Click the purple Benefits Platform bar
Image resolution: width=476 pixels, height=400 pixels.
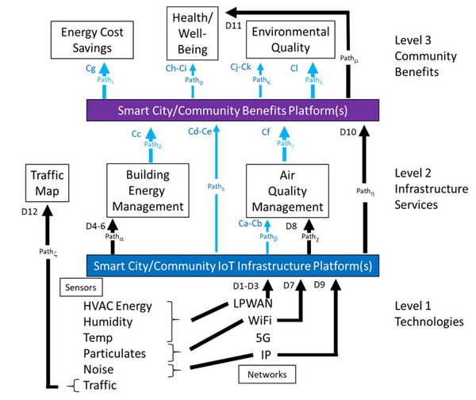point(233,109)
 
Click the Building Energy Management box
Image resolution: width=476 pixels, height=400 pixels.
point(147,190)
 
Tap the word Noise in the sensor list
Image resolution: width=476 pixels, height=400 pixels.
point(100,369)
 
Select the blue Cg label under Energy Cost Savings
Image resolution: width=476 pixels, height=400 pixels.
point(90,68)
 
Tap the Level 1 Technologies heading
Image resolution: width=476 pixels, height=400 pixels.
point(430,314)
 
